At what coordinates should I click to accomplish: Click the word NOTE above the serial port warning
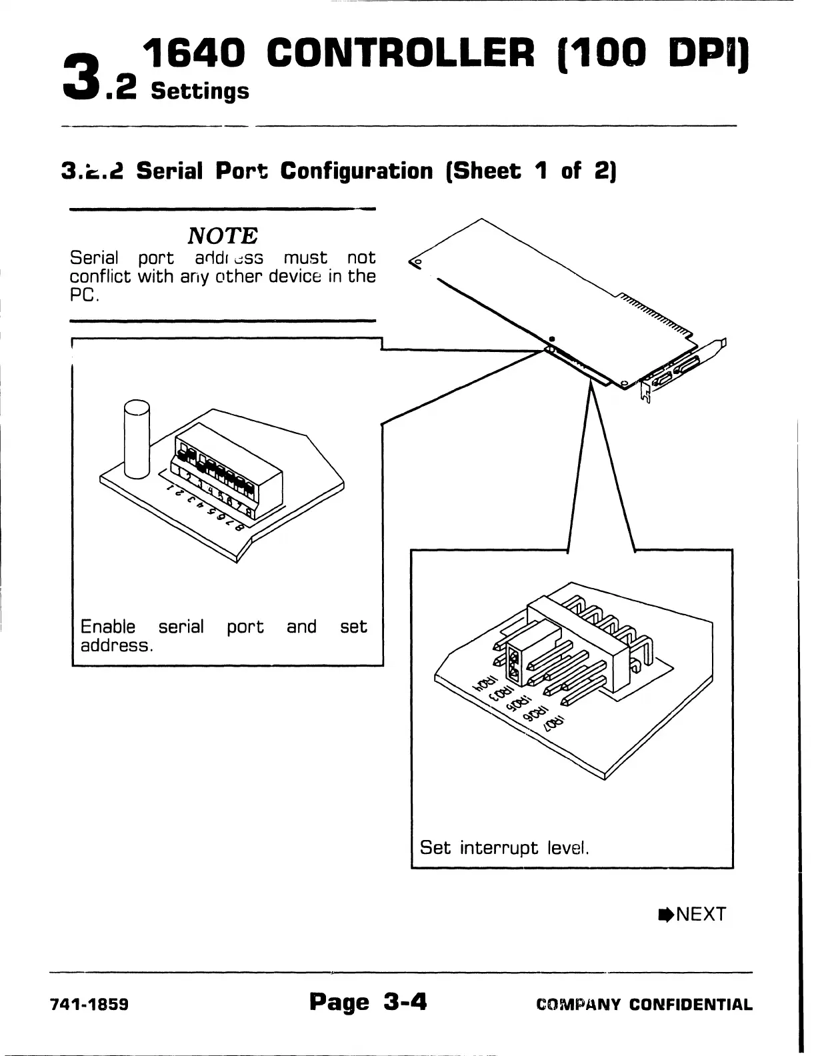pyautogui.click(x=223, y=235)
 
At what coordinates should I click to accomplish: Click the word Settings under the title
pyautogui.click(x=200, y=91)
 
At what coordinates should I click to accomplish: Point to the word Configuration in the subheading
pyautogui.click(x=356, y=171)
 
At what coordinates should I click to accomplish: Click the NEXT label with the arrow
pyautogui.click(x=693, y=914)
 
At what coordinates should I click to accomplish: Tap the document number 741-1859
pyautogui.click(x=90, y=1005)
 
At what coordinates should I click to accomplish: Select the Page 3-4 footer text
pyautogui.click(x=368, y=1002)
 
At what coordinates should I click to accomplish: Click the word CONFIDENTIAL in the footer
pyautogui.click(x=691, y=1005)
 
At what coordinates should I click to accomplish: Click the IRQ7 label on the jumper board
pyautogui.click(x=555, y=723)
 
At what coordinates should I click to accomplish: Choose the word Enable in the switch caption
pyautogui.click(x=107, y=627)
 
